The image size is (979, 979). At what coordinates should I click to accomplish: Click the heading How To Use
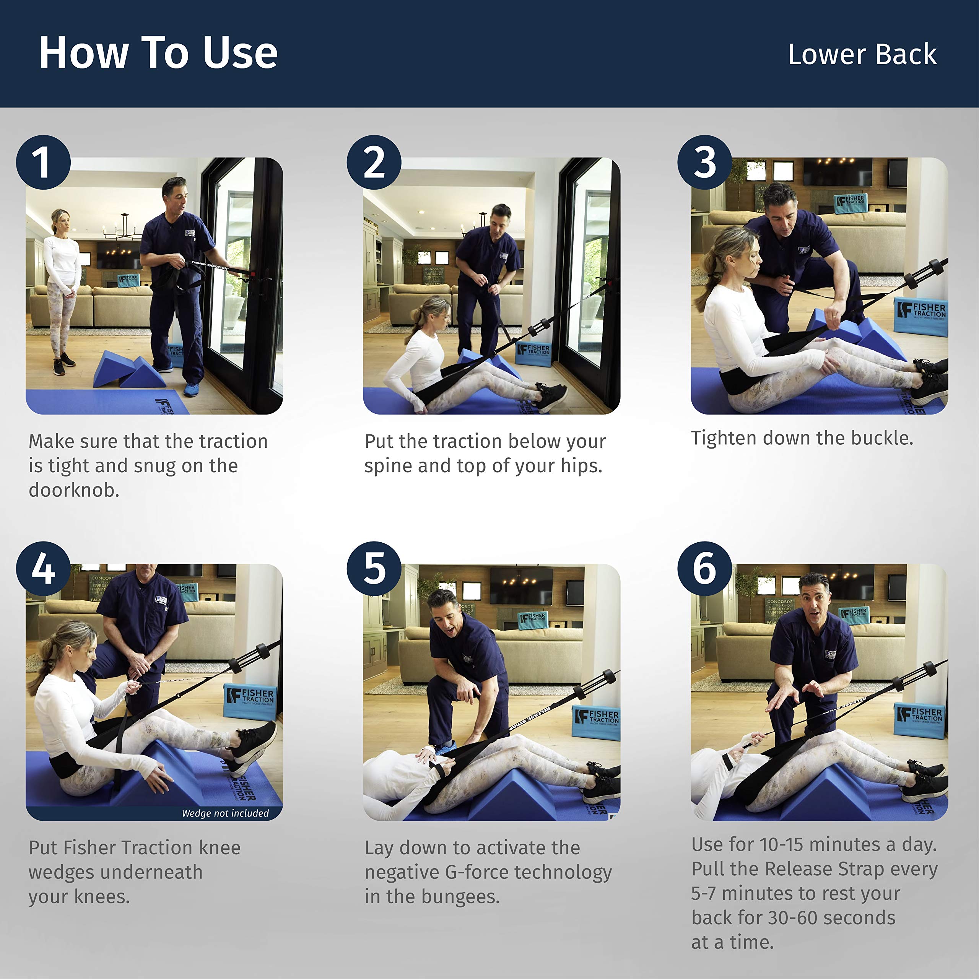[x=158, y=53]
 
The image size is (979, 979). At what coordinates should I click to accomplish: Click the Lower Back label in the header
[x=862, y=55]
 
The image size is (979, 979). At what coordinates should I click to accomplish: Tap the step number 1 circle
[x=44, y=162]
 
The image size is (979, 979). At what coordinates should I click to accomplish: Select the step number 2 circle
[x=374, y=162]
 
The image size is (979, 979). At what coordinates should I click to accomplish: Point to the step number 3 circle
[x=704, y=162]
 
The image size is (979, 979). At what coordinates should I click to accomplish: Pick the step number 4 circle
[x=44, y=569]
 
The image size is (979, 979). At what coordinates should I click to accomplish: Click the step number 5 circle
[x=374, y=569]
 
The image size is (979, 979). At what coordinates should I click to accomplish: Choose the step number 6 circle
[x=704, y=569]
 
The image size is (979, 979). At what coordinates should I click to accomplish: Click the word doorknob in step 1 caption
[x=73, y=490]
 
